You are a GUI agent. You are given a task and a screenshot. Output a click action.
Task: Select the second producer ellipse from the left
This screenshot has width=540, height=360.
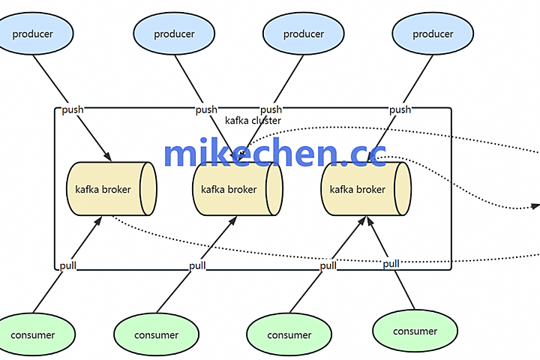coord(174,34)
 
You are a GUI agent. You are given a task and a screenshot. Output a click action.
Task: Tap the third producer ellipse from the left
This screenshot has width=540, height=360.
coord(304,34)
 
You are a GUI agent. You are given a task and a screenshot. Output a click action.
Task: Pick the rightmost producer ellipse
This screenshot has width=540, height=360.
coord(433,34)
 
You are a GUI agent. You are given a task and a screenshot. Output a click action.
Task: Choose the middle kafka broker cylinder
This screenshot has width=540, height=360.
coord(237,189)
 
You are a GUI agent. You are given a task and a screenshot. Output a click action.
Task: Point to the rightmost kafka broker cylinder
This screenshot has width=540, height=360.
coord(366,189)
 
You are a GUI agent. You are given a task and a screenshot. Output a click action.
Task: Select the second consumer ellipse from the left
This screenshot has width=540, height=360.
coord(157,335)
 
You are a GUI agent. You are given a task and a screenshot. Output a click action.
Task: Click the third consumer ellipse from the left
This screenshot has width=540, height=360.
coord(289,335)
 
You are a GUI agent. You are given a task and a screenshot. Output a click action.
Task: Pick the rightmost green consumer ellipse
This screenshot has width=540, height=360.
coord(415,331)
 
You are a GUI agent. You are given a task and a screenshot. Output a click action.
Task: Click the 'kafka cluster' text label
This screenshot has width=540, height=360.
coord(253,121)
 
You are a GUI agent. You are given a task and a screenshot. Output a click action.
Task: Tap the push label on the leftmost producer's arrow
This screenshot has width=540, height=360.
coord(73,109)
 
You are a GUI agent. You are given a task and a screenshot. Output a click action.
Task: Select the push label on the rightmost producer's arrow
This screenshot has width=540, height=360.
coord(400,110)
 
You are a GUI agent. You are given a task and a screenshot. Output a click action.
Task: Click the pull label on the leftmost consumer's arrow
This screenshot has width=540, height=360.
coord(67,265)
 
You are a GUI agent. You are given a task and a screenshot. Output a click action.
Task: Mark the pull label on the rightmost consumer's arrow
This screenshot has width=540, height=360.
coord(391,264)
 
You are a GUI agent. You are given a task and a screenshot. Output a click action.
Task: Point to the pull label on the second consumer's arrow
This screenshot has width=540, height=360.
coord(197,266)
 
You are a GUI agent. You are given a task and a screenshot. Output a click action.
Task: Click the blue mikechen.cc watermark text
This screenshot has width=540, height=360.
coord(274,153)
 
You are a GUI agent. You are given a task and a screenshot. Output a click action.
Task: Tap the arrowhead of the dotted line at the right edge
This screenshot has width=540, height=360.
coord(535,205)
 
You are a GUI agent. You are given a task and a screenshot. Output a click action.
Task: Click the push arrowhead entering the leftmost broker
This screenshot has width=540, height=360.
coord(109,157)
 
